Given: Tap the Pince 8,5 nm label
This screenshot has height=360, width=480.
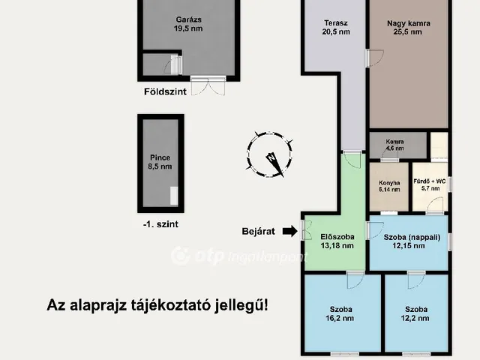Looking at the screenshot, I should point(160,162).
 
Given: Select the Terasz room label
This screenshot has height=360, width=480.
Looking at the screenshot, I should point(336,28).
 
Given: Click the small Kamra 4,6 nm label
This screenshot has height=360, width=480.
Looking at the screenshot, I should point(394,145).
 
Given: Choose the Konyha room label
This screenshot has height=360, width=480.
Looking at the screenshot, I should point(388,187).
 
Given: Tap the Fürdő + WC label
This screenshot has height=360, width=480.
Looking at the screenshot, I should point(430,184).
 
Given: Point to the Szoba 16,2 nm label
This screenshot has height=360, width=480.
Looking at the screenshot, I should point(340,313).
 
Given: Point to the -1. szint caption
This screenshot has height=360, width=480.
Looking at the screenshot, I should point(160,223).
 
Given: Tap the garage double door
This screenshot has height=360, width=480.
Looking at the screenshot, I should point(206,85).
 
